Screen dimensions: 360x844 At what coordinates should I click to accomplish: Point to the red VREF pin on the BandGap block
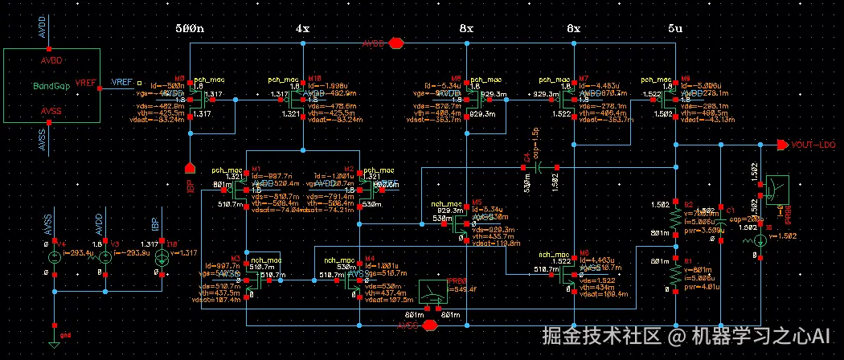tap(84, 83)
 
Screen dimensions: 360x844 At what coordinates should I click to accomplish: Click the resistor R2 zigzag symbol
tap(676, 218)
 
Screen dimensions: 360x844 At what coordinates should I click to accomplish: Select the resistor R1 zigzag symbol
tap(676, 273)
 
